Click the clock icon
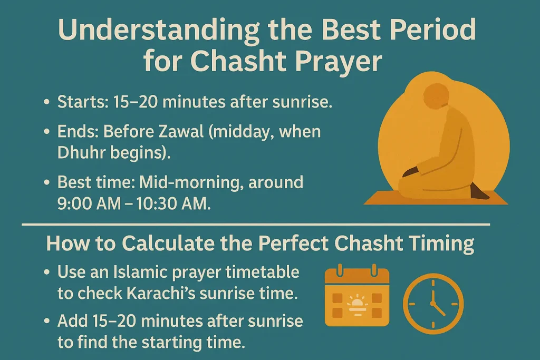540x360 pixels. point(433,303)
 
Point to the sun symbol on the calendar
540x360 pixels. point(357,303)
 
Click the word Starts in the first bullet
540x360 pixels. point(82,102)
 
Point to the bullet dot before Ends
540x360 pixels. point(48,132)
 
